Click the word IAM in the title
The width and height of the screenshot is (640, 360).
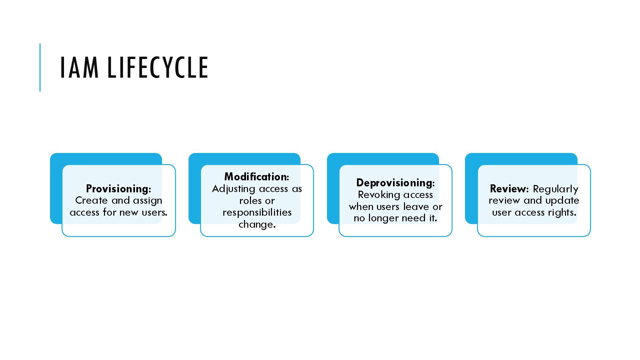(x=79, y=68)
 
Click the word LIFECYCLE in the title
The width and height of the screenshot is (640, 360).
(x=158, y=68)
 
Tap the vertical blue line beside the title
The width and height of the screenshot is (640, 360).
(x=40, y=67)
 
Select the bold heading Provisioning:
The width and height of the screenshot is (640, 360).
(x=118, y=189)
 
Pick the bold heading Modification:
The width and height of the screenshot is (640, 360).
(x=257, y=177)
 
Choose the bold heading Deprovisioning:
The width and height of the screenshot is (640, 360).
(x=395, y=183)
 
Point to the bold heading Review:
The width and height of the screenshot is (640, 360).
(x=509, y=189)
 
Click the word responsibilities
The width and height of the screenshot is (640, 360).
(x=257, y=212)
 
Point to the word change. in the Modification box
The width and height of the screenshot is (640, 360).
(x=257, y=224)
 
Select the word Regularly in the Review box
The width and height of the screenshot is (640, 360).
(x=555, y=189)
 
